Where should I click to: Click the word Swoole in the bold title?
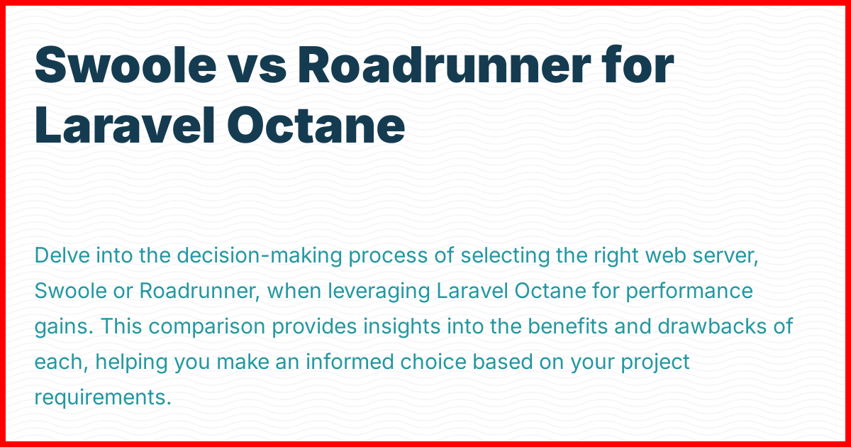click(126, 65)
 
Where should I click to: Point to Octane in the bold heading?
click(316, 125)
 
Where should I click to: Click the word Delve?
click(62, 255)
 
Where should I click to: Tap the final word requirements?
click(103, 397)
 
